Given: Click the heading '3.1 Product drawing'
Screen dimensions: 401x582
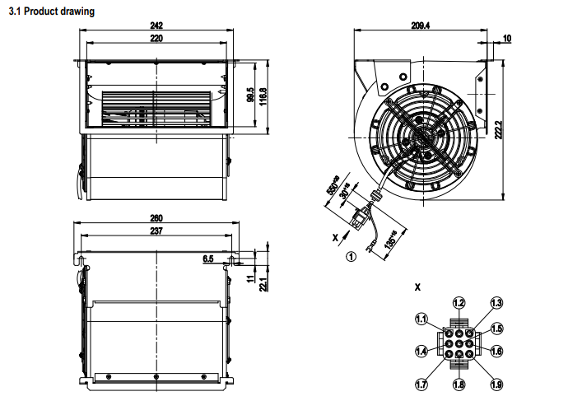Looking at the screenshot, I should point(50,12).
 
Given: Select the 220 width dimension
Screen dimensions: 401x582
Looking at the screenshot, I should point(156,39).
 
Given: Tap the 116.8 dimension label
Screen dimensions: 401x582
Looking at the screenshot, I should point(263,97).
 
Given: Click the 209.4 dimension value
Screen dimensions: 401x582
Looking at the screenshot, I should point(421,26).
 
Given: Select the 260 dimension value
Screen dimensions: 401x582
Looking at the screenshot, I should point(156,218).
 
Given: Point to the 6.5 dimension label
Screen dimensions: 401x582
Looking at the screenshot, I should point(207,259).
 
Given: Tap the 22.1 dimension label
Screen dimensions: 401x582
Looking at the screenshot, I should point(263,283).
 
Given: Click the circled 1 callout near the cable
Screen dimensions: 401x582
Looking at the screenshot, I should point(351,256).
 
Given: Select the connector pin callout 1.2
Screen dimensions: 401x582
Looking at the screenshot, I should point(459,303).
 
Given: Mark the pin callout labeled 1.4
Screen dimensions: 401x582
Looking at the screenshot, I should point(421,352).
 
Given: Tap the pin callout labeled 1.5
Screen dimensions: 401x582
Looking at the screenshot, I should point(496,329).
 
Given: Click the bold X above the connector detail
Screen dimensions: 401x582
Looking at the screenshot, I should point(417,288).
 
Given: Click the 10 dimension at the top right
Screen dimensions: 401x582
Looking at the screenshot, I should point(506,39).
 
